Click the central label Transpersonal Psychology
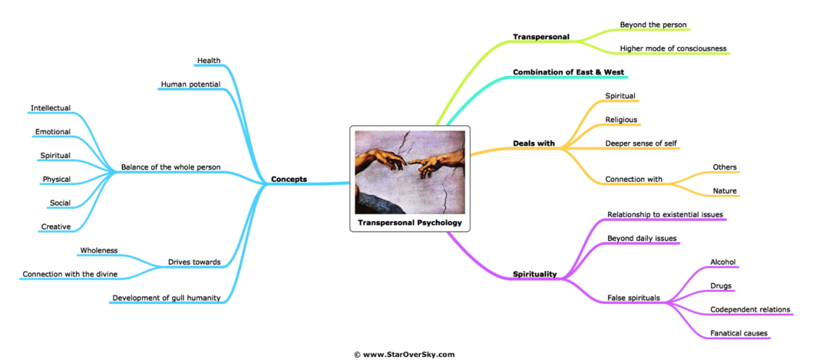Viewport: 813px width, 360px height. point(410,224)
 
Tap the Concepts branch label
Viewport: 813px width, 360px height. point(289,180)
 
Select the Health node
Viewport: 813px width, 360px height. point(209,61)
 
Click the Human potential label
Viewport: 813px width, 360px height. point(191,84)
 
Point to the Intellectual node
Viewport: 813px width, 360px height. point(50,108)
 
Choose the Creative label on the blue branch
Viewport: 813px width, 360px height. point(56,227)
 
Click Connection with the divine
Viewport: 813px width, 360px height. point(70,274)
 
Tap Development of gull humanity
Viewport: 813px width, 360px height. point(167,298)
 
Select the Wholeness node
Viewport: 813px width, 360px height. point(99,251)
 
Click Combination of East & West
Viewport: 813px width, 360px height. point(568,72)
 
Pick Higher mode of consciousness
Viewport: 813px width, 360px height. point(673,49)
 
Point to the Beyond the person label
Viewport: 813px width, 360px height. point(654,25)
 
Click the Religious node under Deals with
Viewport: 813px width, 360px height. point(621,120)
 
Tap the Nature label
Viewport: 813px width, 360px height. point(725,191)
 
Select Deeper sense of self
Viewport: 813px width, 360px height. point(641,143)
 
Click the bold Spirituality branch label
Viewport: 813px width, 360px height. point(534,274)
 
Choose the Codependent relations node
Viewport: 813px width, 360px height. point(750,310)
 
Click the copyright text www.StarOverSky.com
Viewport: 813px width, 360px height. point(404,355)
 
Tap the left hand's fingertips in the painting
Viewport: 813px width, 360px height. point(403,161)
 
